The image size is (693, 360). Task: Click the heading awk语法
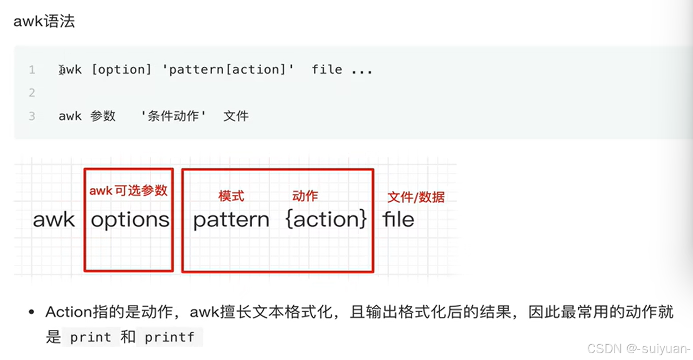coord(44,22)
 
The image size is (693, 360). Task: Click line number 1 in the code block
coord(32,69)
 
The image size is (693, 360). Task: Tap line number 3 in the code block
coord(32,116)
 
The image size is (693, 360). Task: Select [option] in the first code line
coord(121,69)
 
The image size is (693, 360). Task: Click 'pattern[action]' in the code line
coord(231,69)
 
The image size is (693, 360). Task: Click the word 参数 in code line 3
coord(103,116)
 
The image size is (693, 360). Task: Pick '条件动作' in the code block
coord(173,116)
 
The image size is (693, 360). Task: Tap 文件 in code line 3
coord(235,116)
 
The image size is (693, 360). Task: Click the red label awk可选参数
coord(128,190)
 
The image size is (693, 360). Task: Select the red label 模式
coord(231,196)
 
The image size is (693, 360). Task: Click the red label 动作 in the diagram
coord(305,196)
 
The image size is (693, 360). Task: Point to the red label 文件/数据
coord(416,197)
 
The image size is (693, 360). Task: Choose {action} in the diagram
coord(326,219)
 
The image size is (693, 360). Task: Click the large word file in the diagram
coord(399,219)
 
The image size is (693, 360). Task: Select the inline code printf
coord(169,337)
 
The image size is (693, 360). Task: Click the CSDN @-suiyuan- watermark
coord(638,348)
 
